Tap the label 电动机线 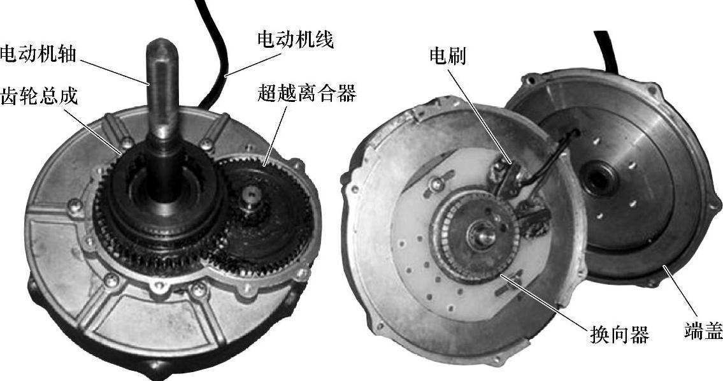click(x=295, y=40)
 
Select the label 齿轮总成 click(x=39, y=96)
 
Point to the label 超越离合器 click(x=306, y=94)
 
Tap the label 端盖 click(x=703, y=330)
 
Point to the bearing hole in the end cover click(x=599, y=178)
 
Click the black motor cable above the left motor click(x=216, y=51)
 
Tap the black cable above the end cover click(x=606, y=51)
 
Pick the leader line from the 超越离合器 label click(x=275, y=134)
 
